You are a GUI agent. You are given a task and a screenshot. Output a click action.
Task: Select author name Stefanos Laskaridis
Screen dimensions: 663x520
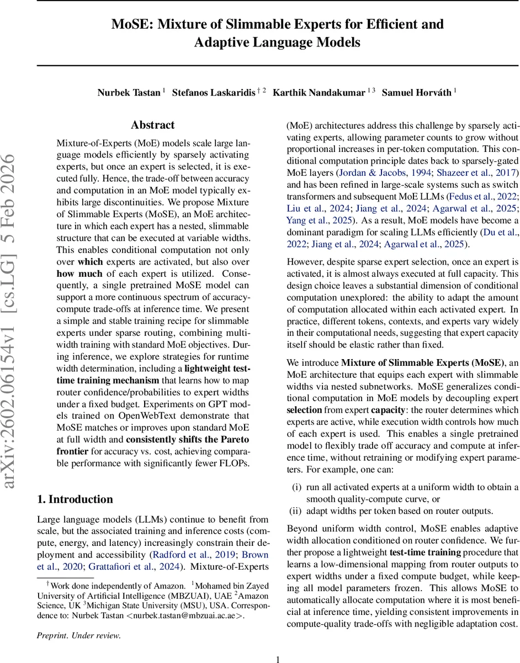213,92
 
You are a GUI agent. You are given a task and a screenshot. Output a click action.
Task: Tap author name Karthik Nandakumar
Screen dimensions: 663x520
320,92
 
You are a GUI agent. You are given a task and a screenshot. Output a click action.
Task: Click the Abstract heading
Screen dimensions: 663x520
152,125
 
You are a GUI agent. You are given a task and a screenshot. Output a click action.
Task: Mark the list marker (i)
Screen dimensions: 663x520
297,487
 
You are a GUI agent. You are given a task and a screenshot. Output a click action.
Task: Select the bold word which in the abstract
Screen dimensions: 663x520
90,261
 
